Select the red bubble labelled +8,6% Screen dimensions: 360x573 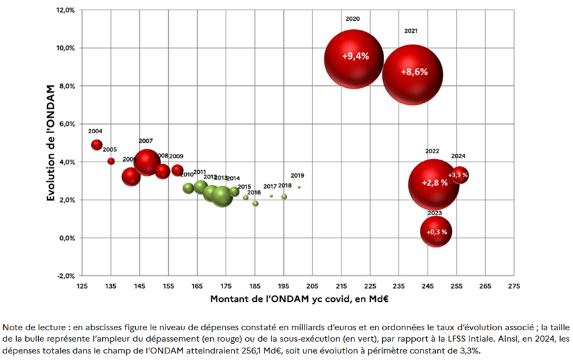tap(413, 72)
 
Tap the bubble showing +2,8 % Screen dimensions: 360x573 tap(434, 184)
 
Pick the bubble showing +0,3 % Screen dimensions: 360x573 tap(436, 231)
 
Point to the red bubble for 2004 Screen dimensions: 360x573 tap(97, 145)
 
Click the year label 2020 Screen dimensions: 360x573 tap(352, 19)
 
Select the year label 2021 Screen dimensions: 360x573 tap(411, 31)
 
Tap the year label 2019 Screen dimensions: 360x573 tap(297, 176)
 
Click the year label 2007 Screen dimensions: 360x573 tap(146, 141)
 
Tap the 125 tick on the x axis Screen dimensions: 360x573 tap(82, 286)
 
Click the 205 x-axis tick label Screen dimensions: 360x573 tap(312, 286)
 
